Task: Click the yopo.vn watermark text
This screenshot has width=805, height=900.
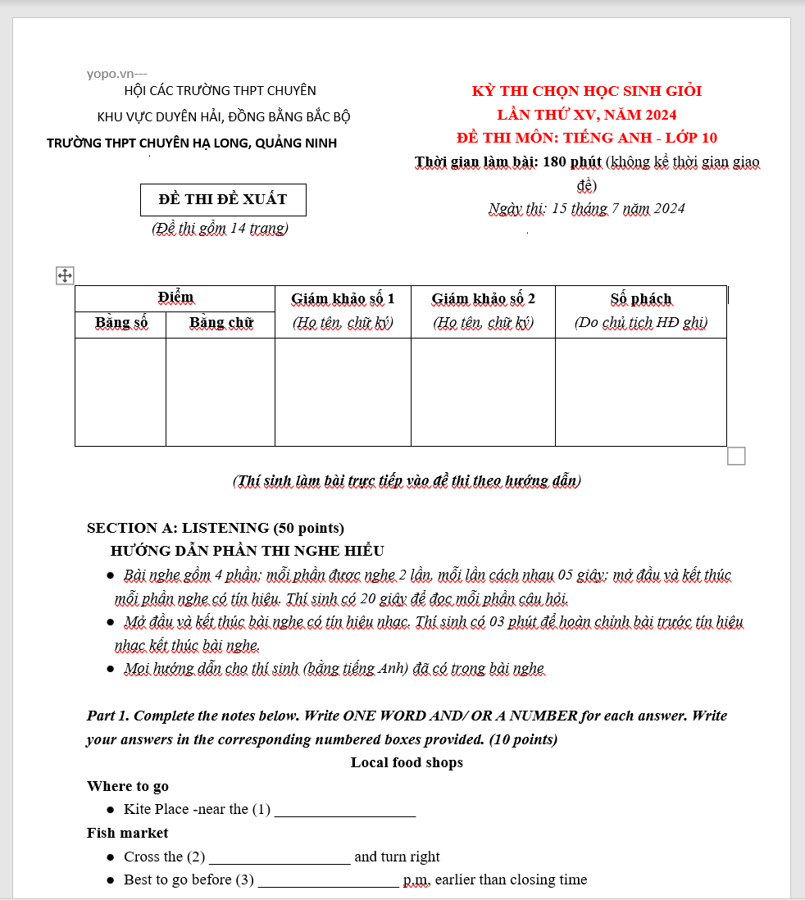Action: click(116, 74)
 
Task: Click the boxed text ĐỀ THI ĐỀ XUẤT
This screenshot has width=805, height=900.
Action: click(223, 199)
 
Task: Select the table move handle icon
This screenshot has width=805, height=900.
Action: click(65, 275)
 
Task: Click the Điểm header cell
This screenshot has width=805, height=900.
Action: click(175, 298)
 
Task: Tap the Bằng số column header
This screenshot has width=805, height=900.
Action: click(121, 323)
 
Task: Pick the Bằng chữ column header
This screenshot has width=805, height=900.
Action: click(221, 323)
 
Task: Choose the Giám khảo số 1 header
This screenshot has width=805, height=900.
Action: click(343, 298)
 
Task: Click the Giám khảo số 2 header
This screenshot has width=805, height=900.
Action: click(483, 298)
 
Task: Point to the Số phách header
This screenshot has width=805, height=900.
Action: click(640, 298)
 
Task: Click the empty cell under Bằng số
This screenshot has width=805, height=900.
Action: click(121, 392)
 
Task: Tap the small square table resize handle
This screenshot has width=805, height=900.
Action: click(736, 456)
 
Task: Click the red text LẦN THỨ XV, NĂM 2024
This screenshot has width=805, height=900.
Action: click(586, 114)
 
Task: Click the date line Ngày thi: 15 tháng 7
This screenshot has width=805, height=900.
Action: click(586, 208)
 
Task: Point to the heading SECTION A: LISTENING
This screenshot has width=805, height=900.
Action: click(215, 528)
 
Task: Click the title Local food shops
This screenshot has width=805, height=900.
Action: click(407, 762)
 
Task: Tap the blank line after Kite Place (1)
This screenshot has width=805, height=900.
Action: click(345, 810)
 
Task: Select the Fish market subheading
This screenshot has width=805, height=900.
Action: click(128, 833)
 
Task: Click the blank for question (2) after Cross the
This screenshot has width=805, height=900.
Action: click(280, 857)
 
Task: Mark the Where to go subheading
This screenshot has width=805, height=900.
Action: click(128, 786)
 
